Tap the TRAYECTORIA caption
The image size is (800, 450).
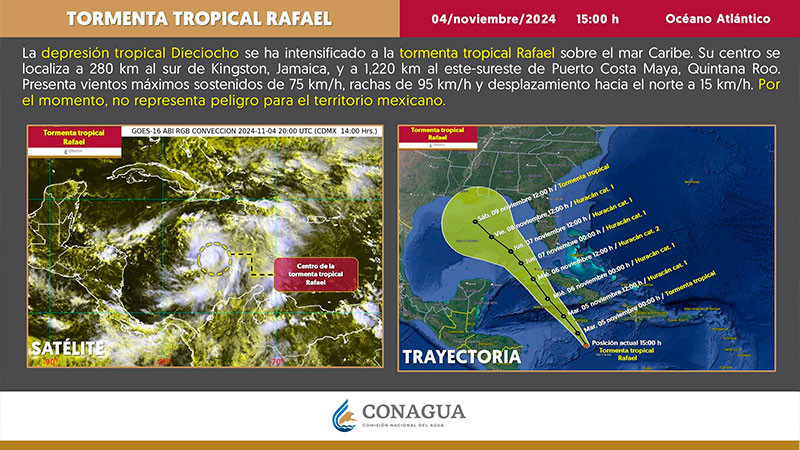(460, 356)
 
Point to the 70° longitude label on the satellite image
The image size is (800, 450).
(276, 362)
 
